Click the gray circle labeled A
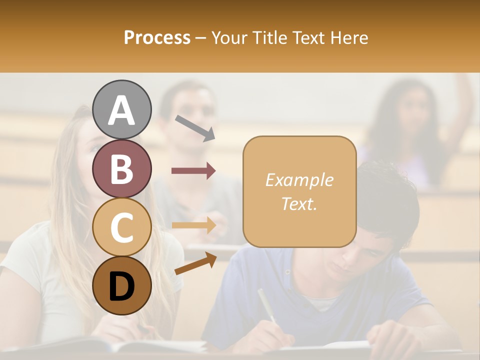pos(121,109)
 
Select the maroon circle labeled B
pos(121,168)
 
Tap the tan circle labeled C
pos(121,227)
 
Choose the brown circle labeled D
pos(121,285)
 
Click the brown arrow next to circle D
pos(195,264)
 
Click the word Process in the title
pos(157,37)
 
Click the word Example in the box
pos(299,180)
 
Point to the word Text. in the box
pos(299,203)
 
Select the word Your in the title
pos(230,37)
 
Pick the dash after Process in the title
pos(201,38)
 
